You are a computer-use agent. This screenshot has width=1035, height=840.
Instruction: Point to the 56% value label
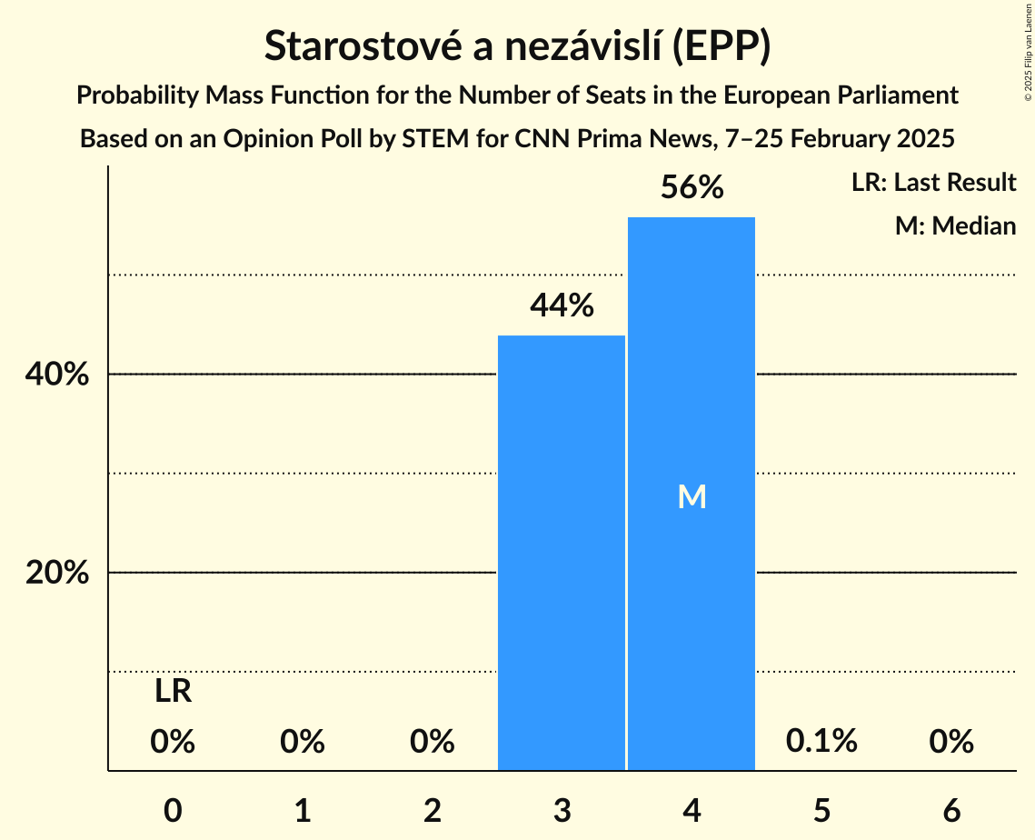tap(692, 188)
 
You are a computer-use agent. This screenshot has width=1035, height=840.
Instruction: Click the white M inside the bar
tap(692, 496)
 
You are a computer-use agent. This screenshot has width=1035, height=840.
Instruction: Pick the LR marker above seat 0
tap(173, 692)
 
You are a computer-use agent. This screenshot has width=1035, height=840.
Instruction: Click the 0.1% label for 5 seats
tap(821, 742)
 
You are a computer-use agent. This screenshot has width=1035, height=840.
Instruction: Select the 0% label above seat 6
tap(951, 742)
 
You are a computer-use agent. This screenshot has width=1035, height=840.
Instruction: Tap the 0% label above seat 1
tap(303, 742)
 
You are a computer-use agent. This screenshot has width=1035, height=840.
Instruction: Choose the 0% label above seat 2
tap(433, 742)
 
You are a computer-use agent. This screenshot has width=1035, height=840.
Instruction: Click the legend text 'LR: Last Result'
tap(933, 183)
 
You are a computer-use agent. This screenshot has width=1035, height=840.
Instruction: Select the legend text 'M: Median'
tap(955, 225)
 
